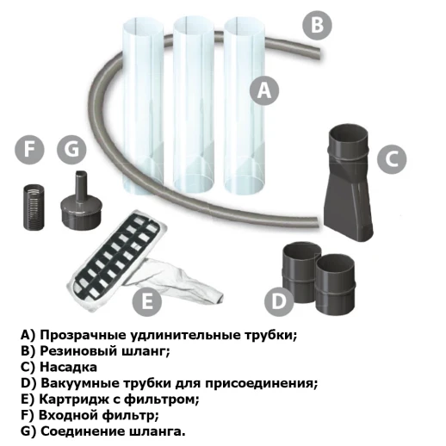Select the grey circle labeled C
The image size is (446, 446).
[x=391, y=158]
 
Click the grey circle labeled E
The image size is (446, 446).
[x=147, y=301]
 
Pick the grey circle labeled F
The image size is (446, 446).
[x=32, y=150]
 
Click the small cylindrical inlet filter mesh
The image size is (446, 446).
[x=33, y=205]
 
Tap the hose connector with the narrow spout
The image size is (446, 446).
[x=77, y=202]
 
